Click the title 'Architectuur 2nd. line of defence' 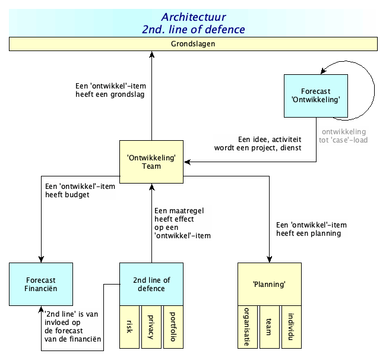click(x=193, y=23)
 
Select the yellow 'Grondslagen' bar click(x=193, y=44)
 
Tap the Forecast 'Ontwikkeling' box click(x=315, y=96)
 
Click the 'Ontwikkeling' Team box click(x=151, y=162)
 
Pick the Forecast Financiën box click(x=41, y=284)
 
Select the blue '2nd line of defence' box click(x=151, y=284)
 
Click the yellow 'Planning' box click(x=269, y=284)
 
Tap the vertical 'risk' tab click(x=130, y=327)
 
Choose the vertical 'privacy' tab click(x=151, y=327)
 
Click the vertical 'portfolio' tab click(x=173, y=327)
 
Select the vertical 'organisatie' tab click(x=248, y=327)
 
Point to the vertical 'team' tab click(x=269, y=327)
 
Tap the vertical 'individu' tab click(x=290, y=327)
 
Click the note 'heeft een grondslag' click(x=110, y=89)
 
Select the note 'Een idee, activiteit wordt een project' click(x=258, y=143)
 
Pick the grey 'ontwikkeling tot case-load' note click(x=343, y=136)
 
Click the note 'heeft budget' click(x=80, y=190)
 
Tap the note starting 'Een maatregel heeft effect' click(x=182, y=223)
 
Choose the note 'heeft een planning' click(x=311, y=229)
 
